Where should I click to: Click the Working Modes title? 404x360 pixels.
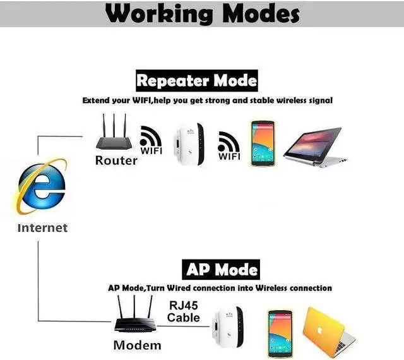click(x=202, y=14)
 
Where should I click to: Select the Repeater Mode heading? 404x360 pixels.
click(x=197, y=80)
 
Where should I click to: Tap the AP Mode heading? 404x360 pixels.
click(x=220, y=270)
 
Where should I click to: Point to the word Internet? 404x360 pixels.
click(x=42, y=227)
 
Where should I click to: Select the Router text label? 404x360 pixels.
click(x=116, y=160)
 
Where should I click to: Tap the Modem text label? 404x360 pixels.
click(x=137, y=345)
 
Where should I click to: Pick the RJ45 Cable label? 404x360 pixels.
click(x=184, y=311)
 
